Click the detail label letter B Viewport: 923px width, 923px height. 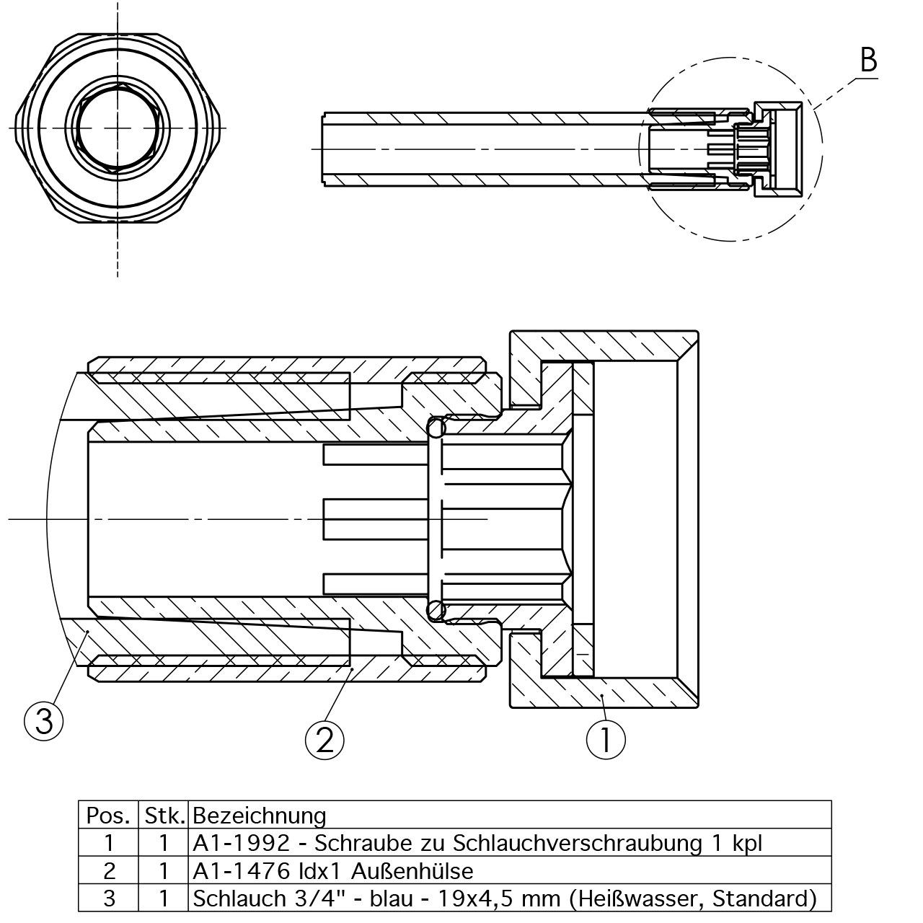[868, 60]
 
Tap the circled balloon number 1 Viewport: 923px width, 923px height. [606, 740]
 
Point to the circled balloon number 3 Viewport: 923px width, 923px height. [43, 721]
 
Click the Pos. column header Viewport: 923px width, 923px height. [108, 816]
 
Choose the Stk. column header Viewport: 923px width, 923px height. [165, 816]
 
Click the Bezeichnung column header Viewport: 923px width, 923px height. [259, 816]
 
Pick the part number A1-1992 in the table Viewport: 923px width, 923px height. [241, 844]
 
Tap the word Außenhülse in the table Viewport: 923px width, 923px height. [412, 871]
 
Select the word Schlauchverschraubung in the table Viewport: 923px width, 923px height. [577, 844]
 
